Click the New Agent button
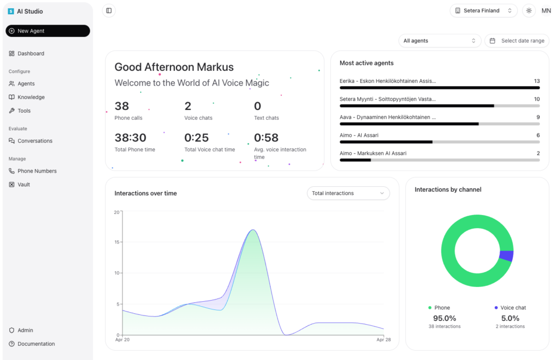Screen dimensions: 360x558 pyautogui.click(x=47, y=31)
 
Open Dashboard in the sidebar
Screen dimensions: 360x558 pyautogui.click(x=31, y=53)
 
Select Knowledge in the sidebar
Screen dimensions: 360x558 pyautogui.click(x=31, y=97)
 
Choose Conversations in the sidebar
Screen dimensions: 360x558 pyautogui.click(x=35, y=141)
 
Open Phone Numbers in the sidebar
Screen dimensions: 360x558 pyautogui.click(x=37, y=171)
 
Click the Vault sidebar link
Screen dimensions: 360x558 pyautogui.click(x=23, y=185)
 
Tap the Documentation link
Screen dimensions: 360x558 pyautogui.click(x=36, y=344)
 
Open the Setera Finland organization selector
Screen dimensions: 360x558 pyautogui.click(x=483, y=11)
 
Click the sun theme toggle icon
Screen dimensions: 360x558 pyautogui.click(x=528, y=11)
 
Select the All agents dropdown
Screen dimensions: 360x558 pyautogui.click(x=440, y=41)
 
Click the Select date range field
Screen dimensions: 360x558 pyautogui.click(x=517, y=41)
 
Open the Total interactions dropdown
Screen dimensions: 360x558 pyautogui.click(x=348, y=193)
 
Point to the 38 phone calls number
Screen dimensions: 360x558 pyautogui.click(x=122, y=106)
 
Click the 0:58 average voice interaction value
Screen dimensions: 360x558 pyautogui.click(x=266, y=138)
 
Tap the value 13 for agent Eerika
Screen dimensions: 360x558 pyautogui.click(x=537, y=81)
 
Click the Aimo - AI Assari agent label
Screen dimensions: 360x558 pyautogui.click(x=359, y=135)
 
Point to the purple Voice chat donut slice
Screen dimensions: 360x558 pyautogui.click(x=507, y=256)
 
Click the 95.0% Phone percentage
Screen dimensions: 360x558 pyautogui.click(x=444, y=318)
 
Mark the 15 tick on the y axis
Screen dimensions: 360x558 pyautogui.click(x=117, y=242)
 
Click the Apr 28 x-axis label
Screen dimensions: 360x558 pyautogui.click(x=384, y=340)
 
